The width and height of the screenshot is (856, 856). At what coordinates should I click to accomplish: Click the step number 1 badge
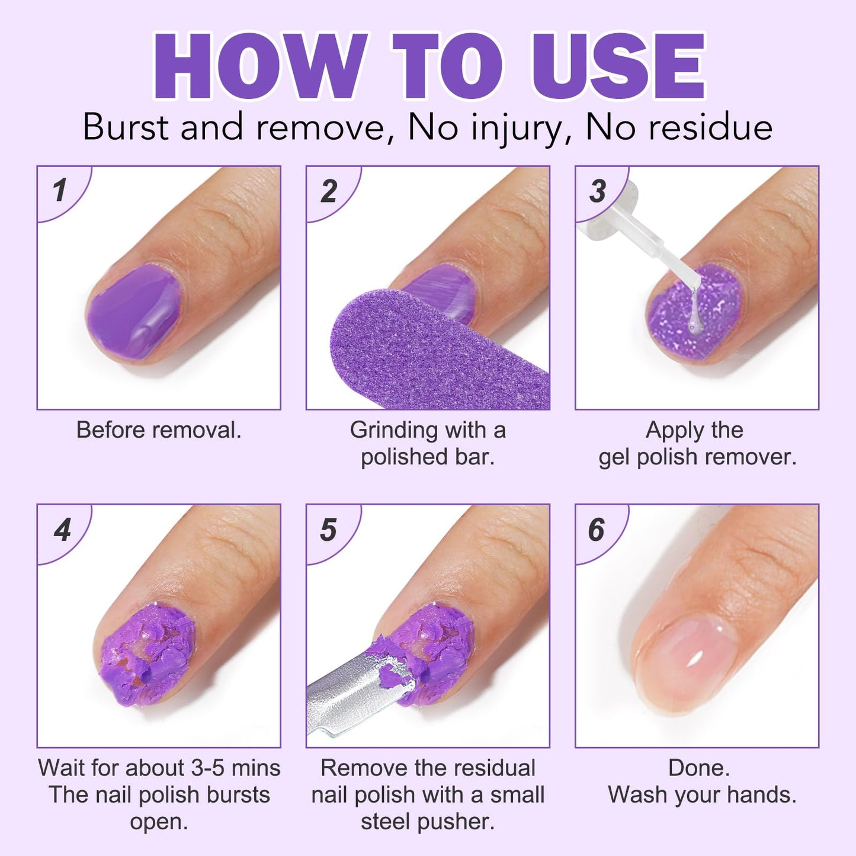[59, 191]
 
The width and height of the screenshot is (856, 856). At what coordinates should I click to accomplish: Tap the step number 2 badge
[329, 191]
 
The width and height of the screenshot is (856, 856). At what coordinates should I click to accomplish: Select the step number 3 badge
[598, 191]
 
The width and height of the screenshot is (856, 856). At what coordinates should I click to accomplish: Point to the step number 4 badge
[62, 530]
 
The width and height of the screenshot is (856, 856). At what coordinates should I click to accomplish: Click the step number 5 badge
[329, 530]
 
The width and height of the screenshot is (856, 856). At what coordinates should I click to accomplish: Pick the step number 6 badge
[597, 530]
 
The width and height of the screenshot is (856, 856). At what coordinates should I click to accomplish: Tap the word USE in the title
[619, 66]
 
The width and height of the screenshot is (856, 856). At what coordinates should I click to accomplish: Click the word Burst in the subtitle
[126, 127]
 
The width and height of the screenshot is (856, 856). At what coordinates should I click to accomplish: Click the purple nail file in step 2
[427, 355]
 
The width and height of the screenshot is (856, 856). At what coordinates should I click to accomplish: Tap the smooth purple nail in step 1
[133, 311]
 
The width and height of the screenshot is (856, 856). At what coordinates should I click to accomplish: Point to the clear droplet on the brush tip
[692, 323]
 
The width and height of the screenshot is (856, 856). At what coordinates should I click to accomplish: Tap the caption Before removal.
[159, 430]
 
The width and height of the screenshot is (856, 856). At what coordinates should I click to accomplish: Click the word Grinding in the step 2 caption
[393, 430]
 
